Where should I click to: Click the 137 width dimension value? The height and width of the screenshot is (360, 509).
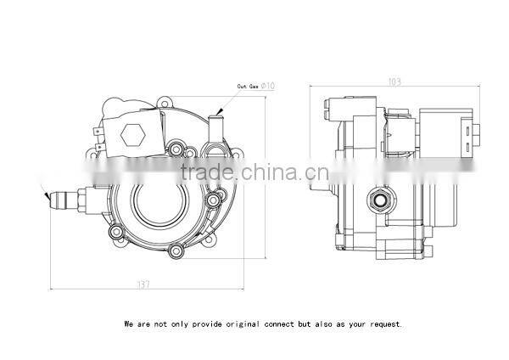[x=143, y=284]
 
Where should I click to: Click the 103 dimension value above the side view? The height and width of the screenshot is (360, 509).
[x=394, y=82]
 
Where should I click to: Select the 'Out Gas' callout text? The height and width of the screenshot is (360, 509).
[x=249, y=85]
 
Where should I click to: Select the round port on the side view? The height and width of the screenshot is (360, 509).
[x=378, y=200]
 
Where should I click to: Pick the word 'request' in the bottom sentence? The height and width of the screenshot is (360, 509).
[x=383, y=323]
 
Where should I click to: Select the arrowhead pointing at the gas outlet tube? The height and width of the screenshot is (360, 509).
[x=219, y=111]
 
